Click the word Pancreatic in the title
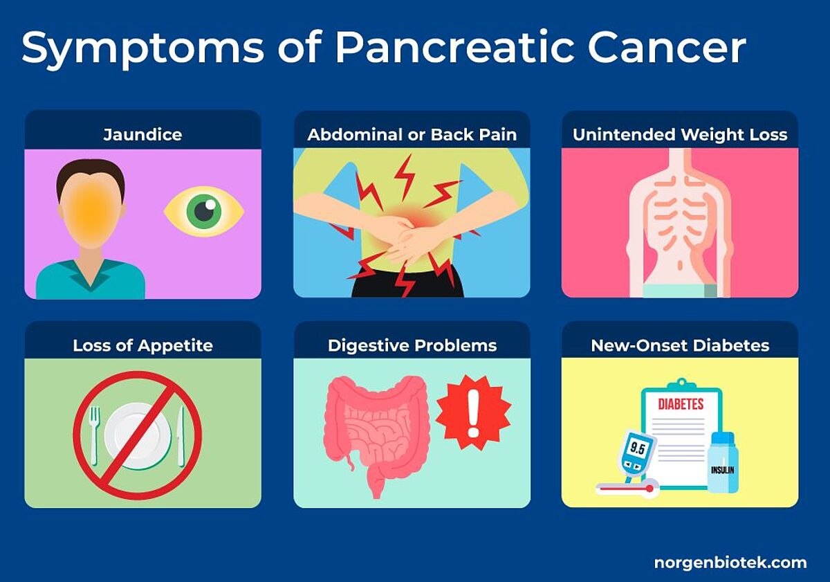pos(454,48)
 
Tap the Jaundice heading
pos(142,134)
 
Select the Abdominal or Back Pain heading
pos(412,134)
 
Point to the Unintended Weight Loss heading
pos(680,134)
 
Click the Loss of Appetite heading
pos(142,345)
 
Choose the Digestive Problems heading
pos(412,345)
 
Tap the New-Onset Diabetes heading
pos(680,345)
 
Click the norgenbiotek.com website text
pos(730,563)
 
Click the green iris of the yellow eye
pos(203,212)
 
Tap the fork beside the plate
pos(95,435)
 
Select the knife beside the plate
pos(181,436)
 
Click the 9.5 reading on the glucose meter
pos(636,448)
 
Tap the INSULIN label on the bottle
pos(723,470)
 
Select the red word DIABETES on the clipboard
pos(681,404)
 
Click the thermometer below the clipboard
pos(627,489)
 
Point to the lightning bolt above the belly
pos(405,177)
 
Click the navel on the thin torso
pos(680,266)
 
